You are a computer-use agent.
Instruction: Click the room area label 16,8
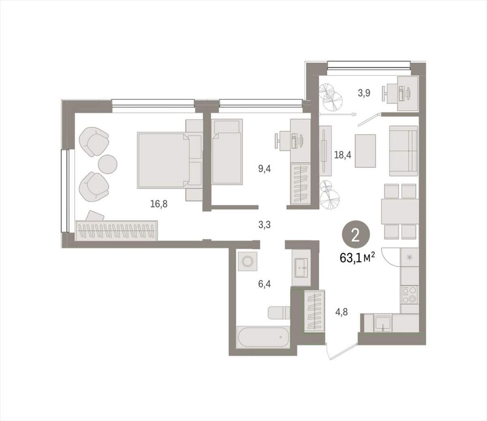159,204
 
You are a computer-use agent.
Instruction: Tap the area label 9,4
264,169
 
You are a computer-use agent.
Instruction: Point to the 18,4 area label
342,154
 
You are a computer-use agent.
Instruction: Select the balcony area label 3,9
364,93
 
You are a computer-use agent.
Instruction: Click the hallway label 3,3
264,225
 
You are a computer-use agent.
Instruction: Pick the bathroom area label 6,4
264,284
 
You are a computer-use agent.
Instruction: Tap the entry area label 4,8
341,312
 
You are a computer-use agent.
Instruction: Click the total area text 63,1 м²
358,258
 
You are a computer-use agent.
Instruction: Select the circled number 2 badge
356,237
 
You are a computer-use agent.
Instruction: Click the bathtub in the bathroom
263,337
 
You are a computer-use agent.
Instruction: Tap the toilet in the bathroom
279,312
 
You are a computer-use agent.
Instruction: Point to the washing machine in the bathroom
247,261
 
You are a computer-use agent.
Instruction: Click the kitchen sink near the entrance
383,323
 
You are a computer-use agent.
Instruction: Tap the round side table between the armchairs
107,163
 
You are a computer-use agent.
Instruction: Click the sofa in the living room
403,151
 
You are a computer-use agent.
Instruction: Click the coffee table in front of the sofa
365,151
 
